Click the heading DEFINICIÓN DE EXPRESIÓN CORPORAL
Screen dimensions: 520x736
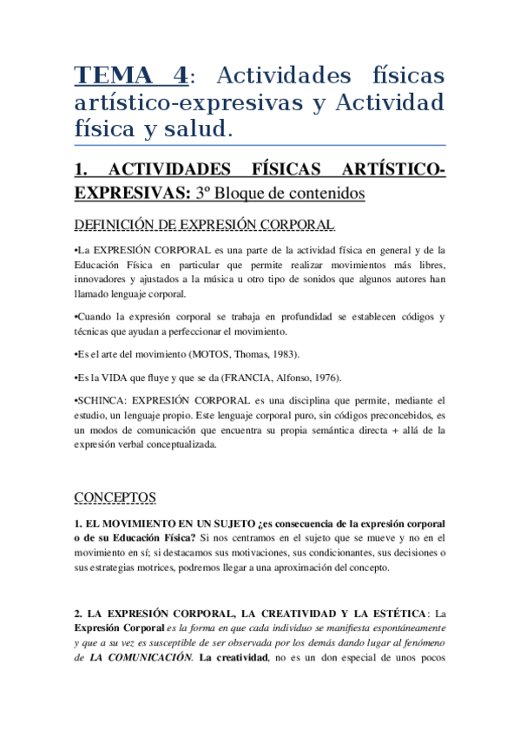[204, 225]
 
